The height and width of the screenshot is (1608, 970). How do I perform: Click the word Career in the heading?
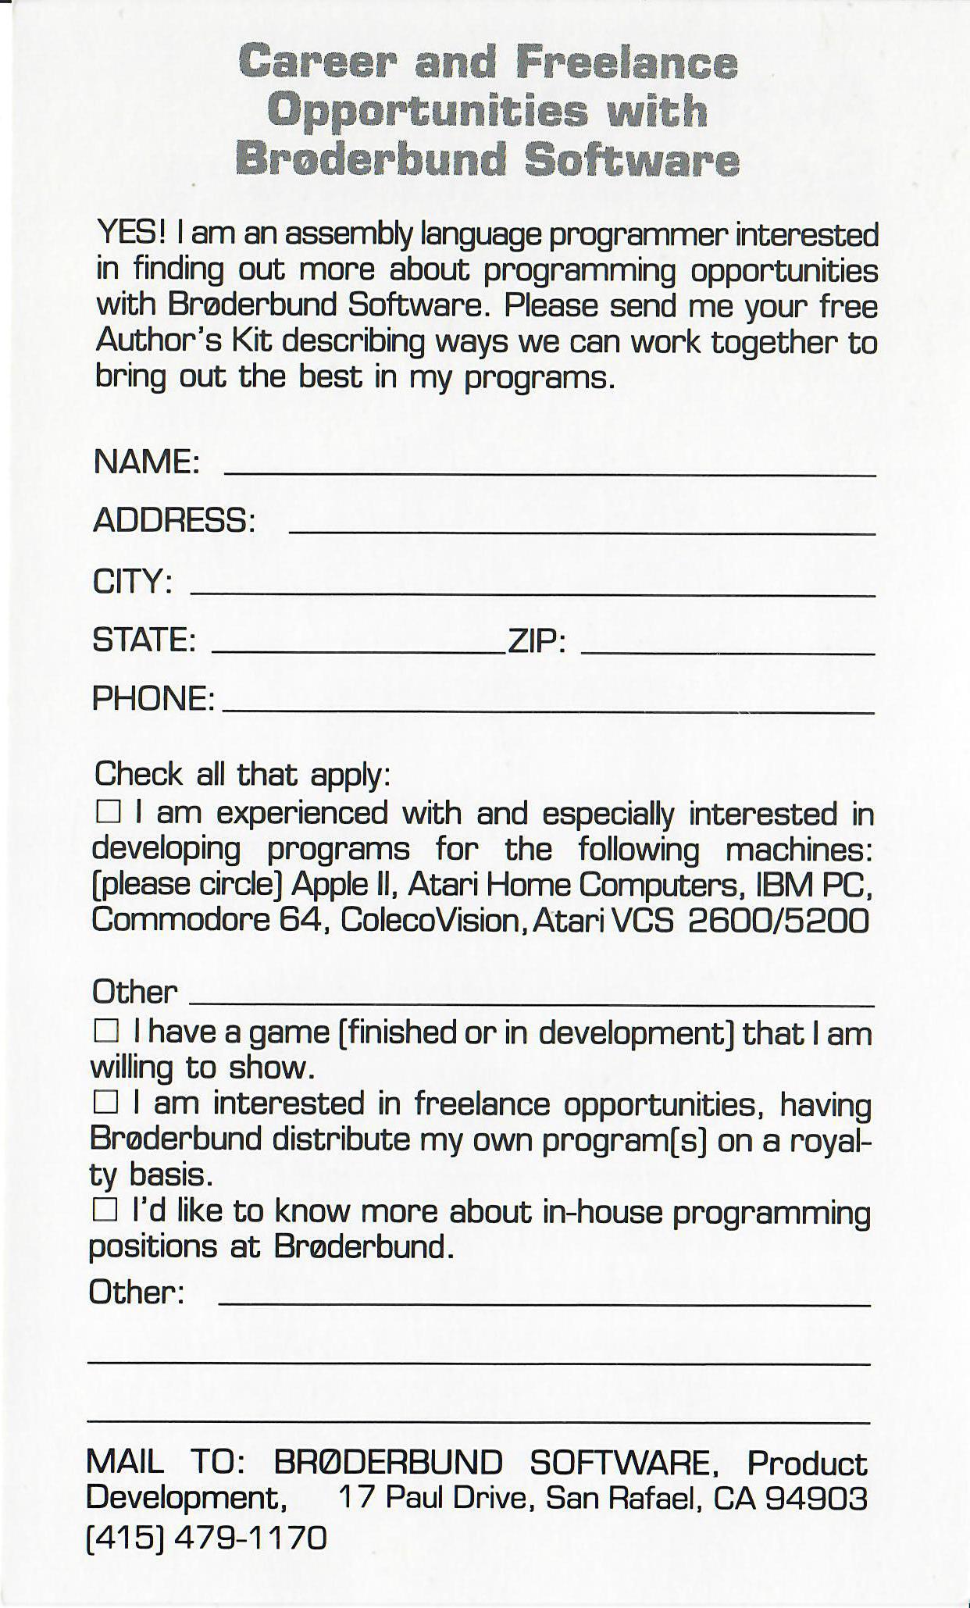pos(326,61)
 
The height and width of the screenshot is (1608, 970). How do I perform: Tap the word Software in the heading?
pos(631,160)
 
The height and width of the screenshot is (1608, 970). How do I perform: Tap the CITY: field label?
pos(132,581)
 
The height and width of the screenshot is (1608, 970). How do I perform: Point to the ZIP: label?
pos(537,641)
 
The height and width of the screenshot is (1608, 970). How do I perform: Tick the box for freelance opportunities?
pos(105,1103)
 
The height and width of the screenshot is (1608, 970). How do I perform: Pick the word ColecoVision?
pos(430,920)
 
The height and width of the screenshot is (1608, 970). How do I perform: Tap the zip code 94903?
pos(816,1498)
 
